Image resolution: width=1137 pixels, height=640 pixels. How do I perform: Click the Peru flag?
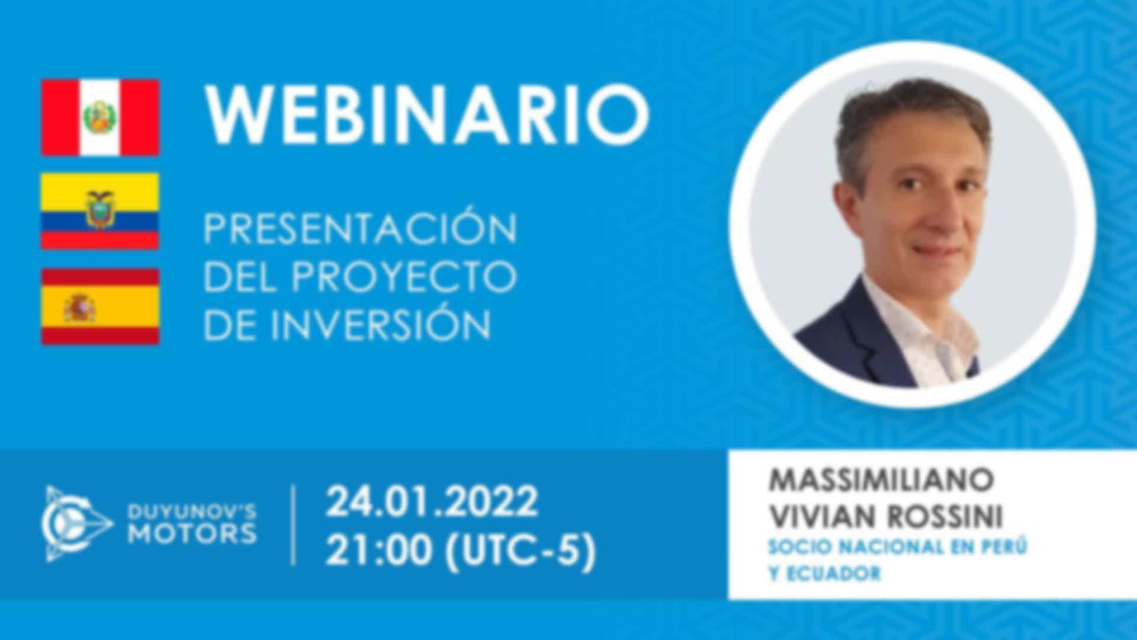pos(100,117)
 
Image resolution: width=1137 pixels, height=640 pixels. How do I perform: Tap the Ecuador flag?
pos(100,211)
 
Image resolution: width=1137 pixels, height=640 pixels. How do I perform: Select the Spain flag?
pos(100,306)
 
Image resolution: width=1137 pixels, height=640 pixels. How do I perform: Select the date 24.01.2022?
pos(432,502)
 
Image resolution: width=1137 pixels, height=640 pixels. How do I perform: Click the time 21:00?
pos(379,551)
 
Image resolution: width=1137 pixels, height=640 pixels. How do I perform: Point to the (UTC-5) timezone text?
pos(519,552)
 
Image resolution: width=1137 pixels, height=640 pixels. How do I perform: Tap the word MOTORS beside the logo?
pos(192,534)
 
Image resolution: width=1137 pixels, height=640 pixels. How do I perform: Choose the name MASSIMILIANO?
pos(880,481)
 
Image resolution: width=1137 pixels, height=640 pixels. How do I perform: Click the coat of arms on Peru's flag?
pos(100,117)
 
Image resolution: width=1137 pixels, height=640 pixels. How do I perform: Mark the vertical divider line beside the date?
pos(294,525)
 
